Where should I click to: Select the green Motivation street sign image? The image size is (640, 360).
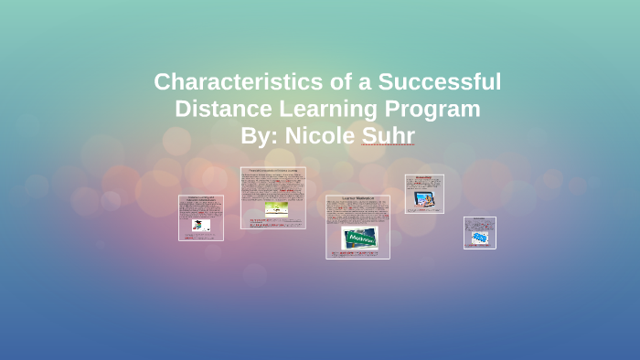pyautogui.click(x=360, y=238)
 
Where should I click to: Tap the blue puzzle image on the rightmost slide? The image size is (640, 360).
pyautogui.click(x=480, y=238)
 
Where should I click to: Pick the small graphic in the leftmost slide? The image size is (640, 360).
pyautogui.click(x=198, y=225)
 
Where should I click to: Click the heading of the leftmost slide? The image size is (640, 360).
pyautogui.click(x=201, y=199)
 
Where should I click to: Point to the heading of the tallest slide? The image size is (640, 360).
pyautogui.click(x=273, y=171)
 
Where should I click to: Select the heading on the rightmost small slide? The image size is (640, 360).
pyautogui.click(x=480, y=220)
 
